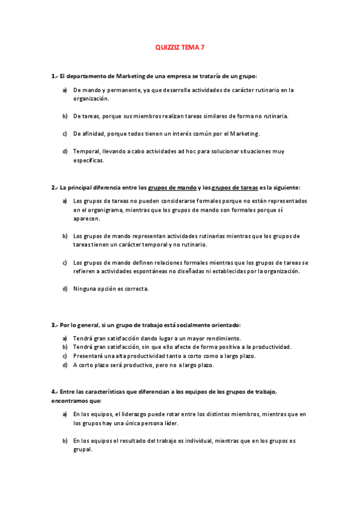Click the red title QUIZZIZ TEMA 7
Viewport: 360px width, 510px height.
coord(180,46)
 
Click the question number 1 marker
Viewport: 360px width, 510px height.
coord(53,76)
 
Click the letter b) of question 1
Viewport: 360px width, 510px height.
coord(65,115)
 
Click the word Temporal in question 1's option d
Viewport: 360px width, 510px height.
coord(86,151)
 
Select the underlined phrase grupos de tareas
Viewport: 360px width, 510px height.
coord(235,187)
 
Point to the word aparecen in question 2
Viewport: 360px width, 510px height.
coord(87,219)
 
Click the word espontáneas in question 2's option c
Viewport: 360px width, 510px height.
coord(150,271)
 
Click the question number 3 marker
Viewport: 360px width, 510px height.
coord(53,325)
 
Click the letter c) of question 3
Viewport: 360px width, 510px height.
coord(65,356)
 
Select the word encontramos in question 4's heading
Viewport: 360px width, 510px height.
coord(71,401)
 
